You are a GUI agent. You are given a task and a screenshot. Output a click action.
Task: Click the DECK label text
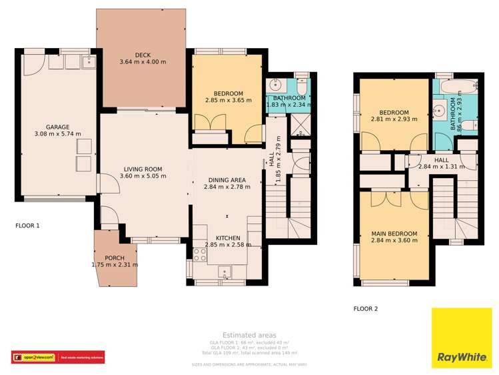[x=143, y=55]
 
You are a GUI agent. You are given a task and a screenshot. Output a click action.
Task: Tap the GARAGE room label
[x=57, y=127]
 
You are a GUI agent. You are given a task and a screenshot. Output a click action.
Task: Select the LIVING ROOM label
[x=143, y=169]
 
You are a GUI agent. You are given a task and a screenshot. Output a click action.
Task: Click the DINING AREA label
[x=227, y=180]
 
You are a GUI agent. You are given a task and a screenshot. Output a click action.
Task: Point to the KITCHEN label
[x=227, y=238]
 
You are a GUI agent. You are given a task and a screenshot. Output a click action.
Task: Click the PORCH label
[x=115, y=258]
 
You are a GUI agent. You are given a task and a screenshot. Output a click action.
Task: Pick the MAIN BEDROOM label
[x=394, y=234]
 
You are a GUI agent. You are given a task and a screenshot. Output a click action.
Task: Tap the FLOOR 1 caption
[x=27, y=226]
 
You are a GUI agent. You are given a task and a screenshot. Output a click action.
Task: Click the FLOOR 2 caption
[x=365, y=309]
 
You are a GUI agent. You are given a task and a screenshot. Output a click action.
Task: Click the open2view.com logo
[x=33, y=358]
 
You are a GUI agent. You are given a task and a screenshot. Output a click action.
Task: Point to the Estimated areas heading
[x=249, y=335]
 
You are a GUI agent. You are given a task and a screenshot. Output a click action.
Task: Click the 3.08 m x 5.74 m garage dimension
[x=58, y=134]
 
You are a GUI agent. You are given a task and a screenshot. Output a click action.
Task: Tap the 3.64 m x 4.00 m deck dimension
[x=143, y=62]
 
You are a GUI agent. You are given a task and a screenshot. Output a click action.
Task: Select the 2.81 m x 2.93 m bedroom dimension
[x=394, y=119]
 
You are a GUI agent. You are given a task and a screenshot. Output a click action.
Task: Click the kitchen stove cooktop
[x=199, y=254]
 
